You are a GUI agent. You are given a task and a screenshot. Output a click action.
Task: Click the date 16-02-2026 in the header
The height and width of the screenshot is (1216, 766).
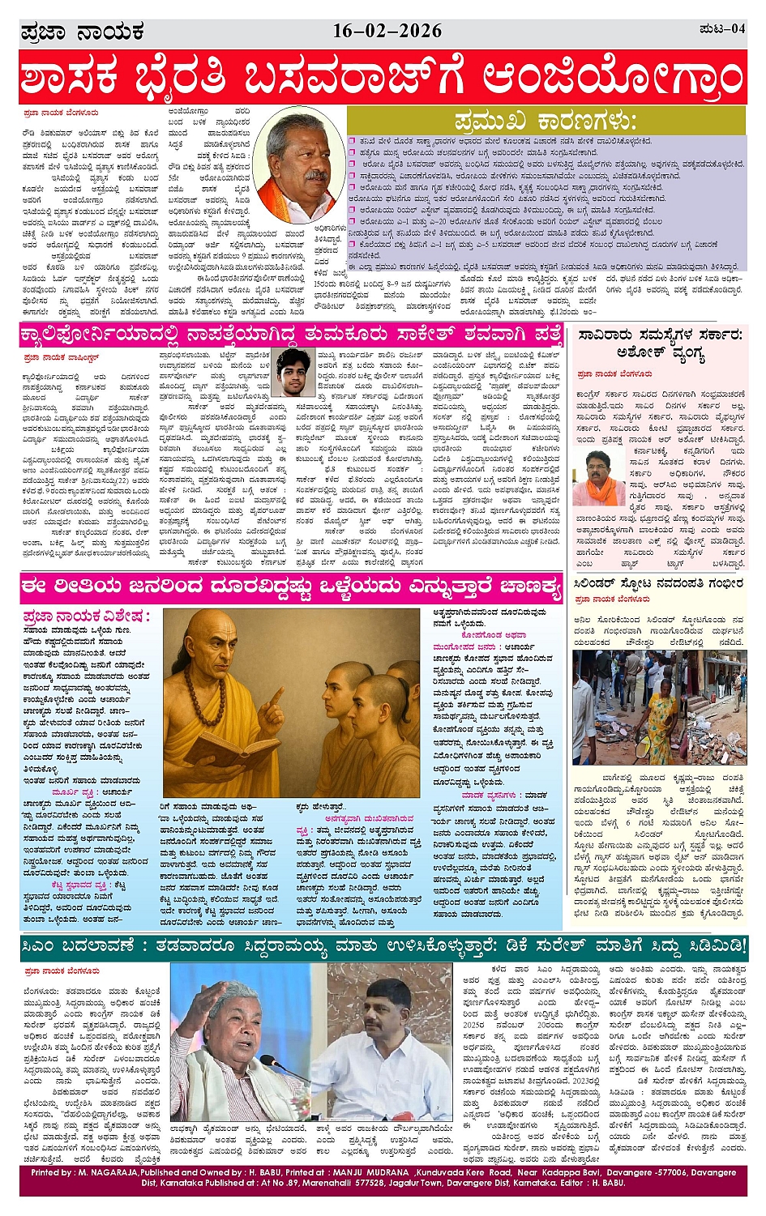point(387,32)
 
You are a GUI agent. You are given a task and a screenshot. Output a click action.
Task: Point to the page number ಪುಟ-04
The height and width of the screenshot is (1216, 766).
point(722,29)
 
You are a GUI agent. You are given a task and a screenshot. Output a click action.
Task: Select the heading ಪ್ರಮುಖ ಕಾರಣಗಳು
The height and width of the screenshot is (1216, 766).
point(546,122)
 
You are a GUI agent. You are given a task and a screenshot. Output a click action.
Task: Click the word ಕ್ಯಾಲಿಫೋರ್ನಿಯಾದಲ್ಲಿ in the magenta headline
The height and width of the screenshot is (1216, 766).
point(118,335)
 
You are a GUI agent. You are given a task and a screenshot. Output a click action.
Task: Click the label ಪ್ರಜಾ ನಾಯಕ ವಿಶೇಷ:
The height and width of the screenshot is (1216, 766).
point(87,617)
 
